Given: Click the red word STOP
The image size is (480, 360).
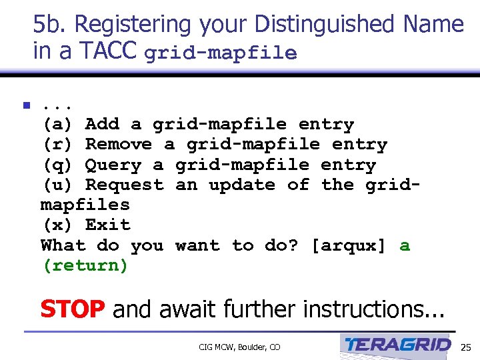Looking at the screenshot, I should (x=72, y=309).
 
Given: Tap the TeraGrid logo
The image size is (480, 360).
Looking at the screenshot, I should (x=398, y=345).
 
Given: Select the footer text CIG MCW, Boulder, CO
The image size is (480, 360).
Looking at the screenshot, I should (x=239, y=347).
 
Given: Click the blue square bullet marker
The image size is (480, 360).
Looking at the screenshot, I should (x=26, y=105).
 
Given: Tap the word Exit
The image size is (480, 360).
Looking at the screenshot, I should (x=108, y=225).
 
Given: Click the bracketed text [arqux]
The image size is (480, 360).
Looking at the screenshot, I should (x=349, y=245).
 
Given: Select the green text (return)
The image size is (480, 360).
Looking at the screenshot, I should (x=85, y=265).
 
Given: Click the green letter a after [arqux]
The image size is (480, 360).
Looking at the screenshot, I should (x=405, y=245).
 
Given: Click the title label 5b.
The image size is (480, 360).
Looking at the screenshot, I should (x=51, y=25).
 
